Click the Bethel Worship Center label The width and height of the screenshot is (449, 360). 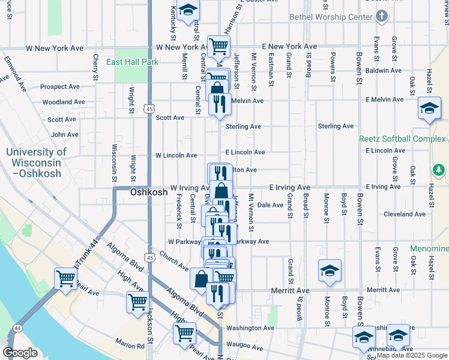coord(331,17)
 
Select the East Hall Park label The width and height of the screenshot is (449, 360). coord(132,62)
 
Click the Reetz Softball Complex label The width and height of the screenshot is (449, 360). coord(403,139)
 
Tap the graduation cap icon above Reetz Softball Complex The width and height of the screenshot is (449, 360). coord(429,109)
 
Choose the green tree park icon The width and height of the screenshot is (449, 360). coord(439,170)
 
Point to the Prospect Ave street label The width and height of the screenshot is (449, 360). coord(60,86)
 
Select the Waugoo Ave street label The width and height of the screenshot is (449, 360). coord(245,347)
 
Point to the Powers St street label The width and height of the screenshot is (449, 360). coord(332,66)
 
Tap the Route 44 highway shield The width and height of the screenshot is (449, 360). coord(17,328)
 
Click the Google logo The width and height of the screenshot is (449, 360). coord(20,353)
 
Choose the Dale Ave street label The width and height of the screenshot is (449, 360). coord(270,205)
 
